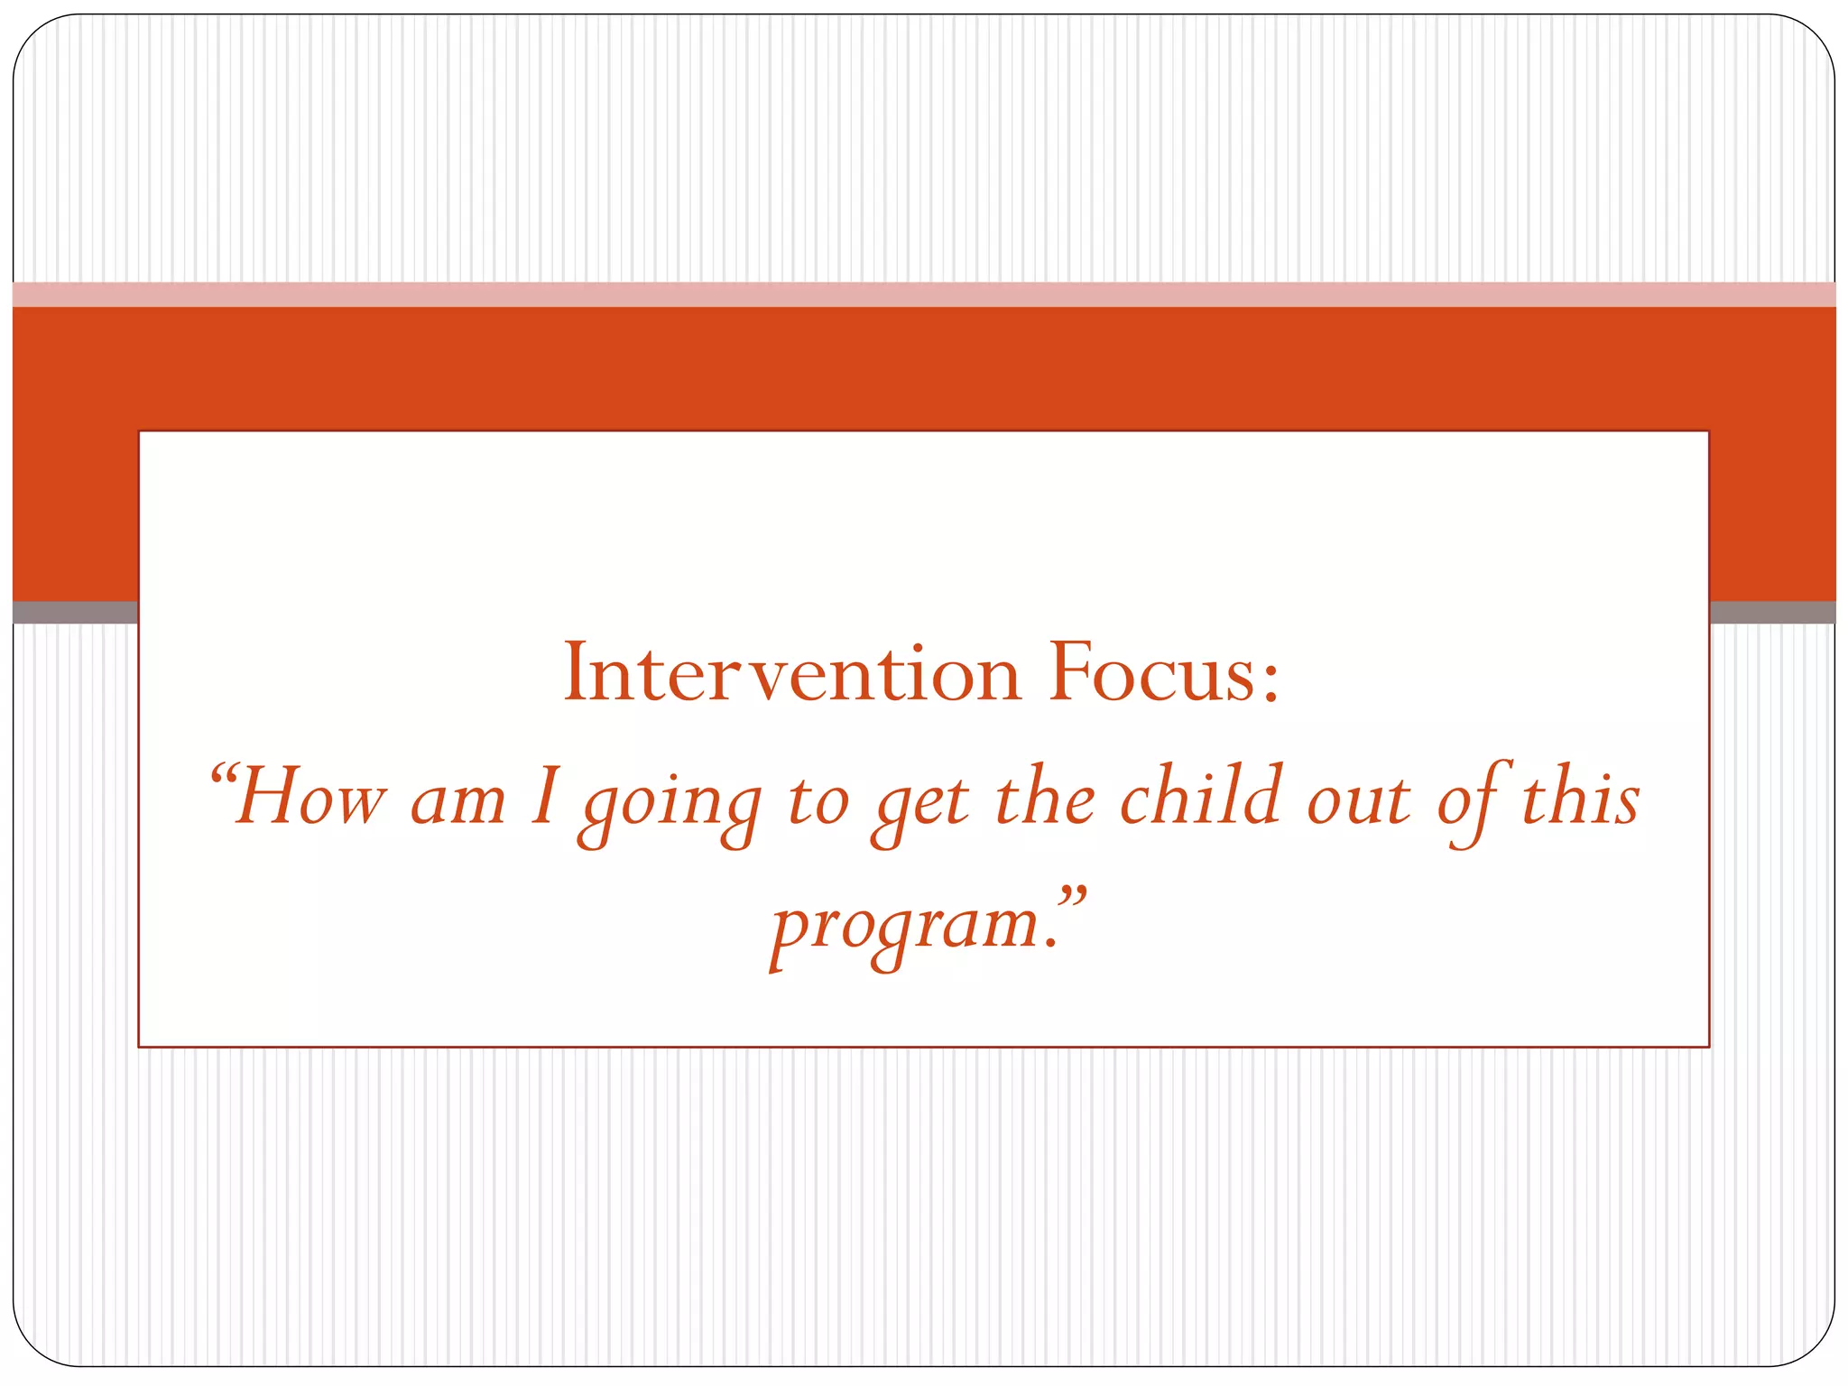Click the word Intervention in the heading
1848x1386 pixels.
pos(791,673)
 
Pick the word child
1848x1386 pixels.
pos(1201,796)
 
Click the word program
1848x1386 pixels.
pos(907,928)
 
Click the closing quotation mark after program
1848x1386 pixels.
pos(1071,898)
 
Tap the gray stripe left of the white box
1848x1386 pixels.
pos(74,612)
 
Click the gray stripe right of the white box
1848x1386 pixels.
pos(1771,612)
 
